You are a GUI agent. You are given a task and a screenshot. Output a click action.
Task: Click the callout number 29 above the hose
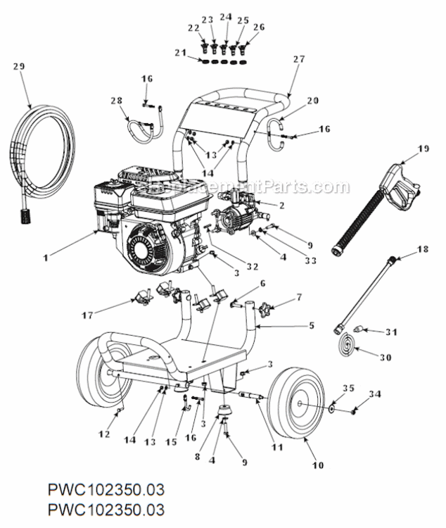[19, 66]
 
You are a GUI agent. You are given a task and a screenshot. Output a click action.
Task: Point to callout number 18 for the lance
[422, 249]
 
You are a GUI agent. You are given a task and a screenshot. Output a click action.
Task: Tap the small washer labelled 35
[331, 408]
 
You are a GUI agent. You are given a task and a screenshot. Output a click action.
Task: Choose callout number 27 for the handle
[299, 59]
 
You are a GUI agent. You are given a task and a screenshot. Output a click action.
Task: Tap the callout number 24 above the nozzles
[225, 16]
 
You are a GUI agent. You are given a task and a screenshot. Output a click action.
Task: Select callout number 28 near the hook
[115, 101]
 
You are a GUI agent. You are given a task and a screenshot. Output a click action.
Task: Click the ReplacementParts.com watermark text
[250, 187]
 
